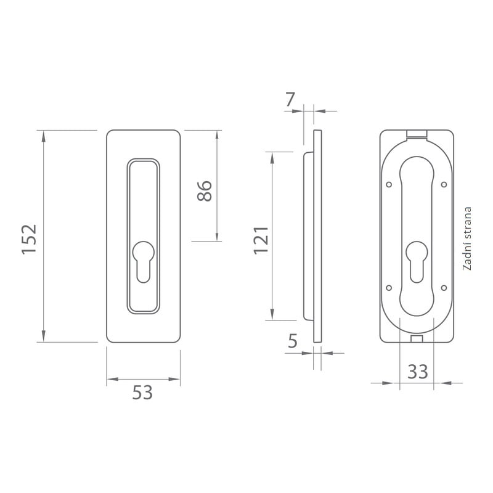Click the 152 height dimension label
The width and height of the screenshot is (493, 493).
point(29,239)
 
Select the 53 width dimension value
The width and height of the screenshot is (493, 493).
point(142,393)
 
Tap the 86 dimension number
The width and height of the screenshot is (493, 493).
point(205,191)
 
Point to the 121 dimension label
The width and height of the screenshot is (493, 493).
point(261,240)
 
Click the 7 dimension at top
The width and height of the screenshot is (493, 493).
point(290,99)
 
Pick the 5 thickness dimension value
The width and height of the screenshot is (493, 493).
point(292,341)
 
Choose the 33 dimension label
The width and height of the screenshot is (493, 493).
point(418,372)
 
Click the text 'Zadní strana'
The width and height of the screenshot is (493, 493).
point(467,238)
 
